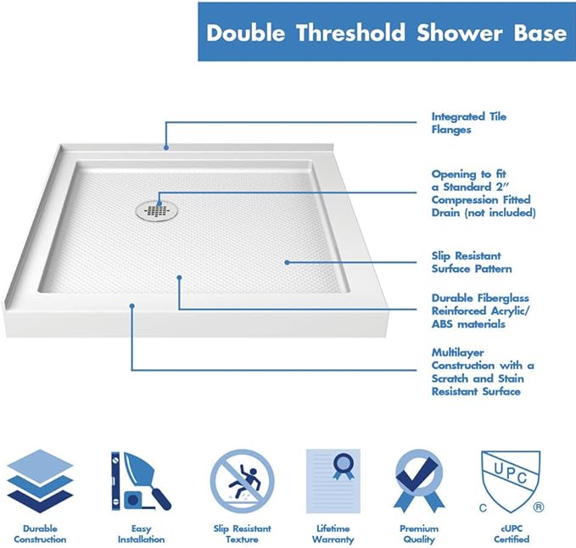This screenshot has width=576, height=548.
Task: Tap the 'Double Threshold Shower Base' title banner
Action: click(386, 32)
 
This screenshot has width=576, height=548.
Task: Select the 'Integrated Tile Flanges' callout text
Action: click(469, 123)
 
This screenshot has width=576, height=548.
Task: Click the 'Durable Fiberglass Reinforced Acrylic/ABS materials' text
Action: click(480, 310)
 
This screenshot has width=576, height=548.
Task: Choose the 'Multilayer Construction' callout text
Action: click(483, 372)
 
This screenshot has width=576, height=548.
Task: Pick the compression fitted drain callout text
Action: click(483, 193)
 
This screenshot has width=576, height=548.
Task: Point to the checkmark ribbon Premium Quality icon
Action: click(419, 480)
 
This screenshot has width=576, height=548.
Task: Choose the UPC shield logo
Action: click(511, 481)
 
